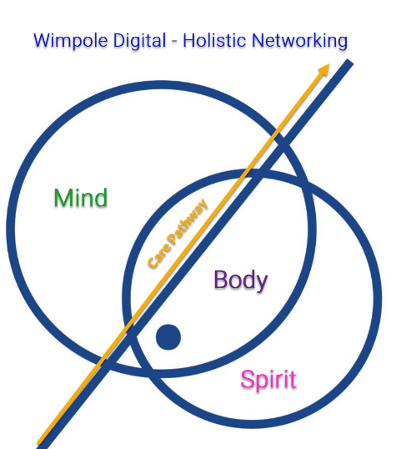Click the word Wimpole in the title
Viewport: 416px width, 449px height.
71,41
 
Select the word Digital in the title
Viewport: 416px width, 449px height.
139,41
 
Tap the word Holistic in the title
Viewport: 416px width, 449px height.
214,40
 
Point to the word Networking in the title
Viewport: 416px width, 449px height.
300,41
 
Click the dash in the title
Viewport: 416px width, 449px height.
174,42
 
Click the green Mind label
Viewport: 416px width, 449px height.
81,197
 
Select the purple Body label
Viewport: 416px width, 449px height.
241,280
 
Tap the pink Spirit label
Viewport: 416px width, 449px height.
268,380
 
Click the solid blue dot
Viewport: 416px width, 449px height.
168,337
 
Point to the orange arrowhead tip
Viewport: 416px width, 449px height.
329,64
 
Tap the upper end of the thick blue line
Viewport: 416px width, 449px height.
349,62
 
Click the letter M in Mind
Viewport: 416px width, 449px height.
63,197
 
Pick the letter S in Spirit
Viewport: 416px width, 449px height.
248,379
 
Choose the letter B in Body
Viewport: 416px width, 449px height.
221,280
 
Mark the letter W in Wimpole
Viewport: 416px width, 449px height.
44,40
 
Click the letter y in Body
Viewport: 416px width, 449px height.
262,284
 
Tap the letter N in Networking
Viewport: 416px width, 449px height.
258,40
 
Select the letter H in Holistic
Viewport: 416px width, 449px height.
189,40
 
